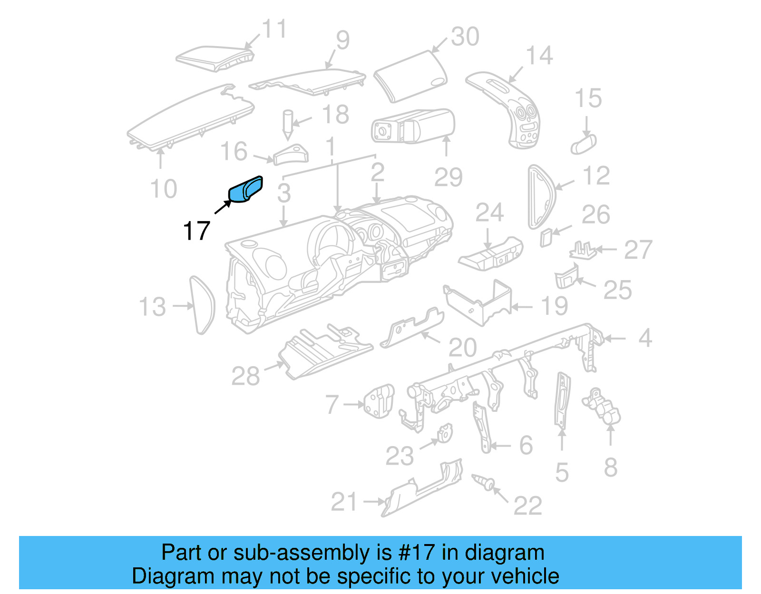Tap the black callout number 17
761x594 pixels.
[x=196, y=231]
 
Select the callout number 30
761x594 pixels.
[x=465, y=37]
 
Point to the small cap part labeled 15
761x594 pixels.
[x=584, y=144]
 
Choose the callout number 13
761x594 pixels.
[x=152, y=307]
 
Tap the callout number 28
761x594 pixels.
[x=245, y=376]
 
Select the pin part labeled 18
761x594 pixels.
[x=288, y=124]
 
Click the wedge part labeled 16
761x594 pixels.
[x=291, y=155]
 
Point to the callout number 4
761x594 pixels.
[x=644, y=338]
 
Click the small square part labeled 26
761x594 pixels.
[x=546, y=237]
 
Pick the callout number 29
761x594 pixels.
[x=448, y=177]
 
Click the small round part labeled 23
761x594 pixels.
[x=445, y=434]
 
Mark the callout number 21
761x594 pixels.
[x=343, y=502]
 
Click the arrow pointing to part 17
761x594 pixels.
[x=222, y=207]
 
